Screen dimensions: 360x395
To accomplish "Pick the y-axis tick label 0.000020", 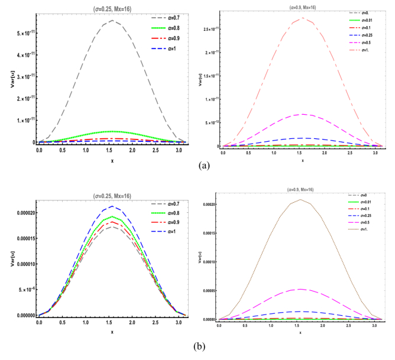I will click(x=20, y=213).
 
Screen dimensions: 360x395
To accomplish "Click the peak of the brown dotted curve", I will click(x=301, y=199).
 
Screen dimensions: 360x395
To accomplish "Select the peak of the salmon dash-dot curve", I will click(x=302, y=18).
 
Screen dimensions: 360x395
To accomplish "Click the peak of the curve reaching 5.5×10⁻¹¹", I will click(x=111, y=21).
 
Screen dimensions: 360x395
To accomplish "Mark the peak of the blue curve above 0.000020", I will click(x=111, y=206).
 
